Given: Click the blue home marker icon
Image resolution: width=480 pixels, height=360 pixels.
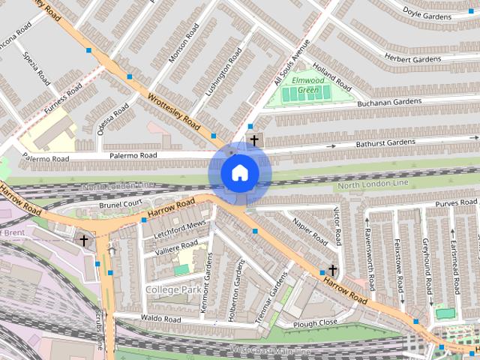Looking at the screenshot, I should pyautogui.click(x=239, y=172).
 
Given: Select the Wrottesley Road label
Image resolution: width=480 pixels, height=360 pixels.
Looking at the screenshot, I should pyautogui.click(x=173, y=110).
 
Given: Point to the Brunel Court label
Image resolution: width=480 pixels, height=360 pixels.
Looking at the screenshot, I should pyautogui.click(x=121, y=204).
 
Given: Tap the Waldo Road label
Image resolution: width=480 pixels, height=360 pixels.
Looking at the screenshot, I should pyautogui.click(x=161, y=319).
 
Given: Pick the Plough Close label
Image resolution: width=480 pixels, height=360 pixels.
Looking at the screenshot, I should pyautogui.click(x=315, y=324).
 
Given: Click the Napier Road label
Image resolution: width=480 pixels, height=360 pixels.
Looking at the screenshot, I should pyautogui.click(x=309, y=232).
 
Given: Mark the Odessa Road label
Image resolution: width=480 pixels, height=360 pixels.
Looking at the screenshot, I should pyautogui.click(x=112, y=119).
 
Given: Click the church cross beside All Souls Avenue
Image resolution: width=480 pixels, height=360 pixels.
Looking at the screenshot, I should pyautogui.click(x=254, y=140).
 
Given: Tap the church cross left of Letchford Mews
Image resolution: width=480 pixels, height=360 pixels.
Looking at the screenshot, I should pyautogui.click(x=83, y=241).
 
